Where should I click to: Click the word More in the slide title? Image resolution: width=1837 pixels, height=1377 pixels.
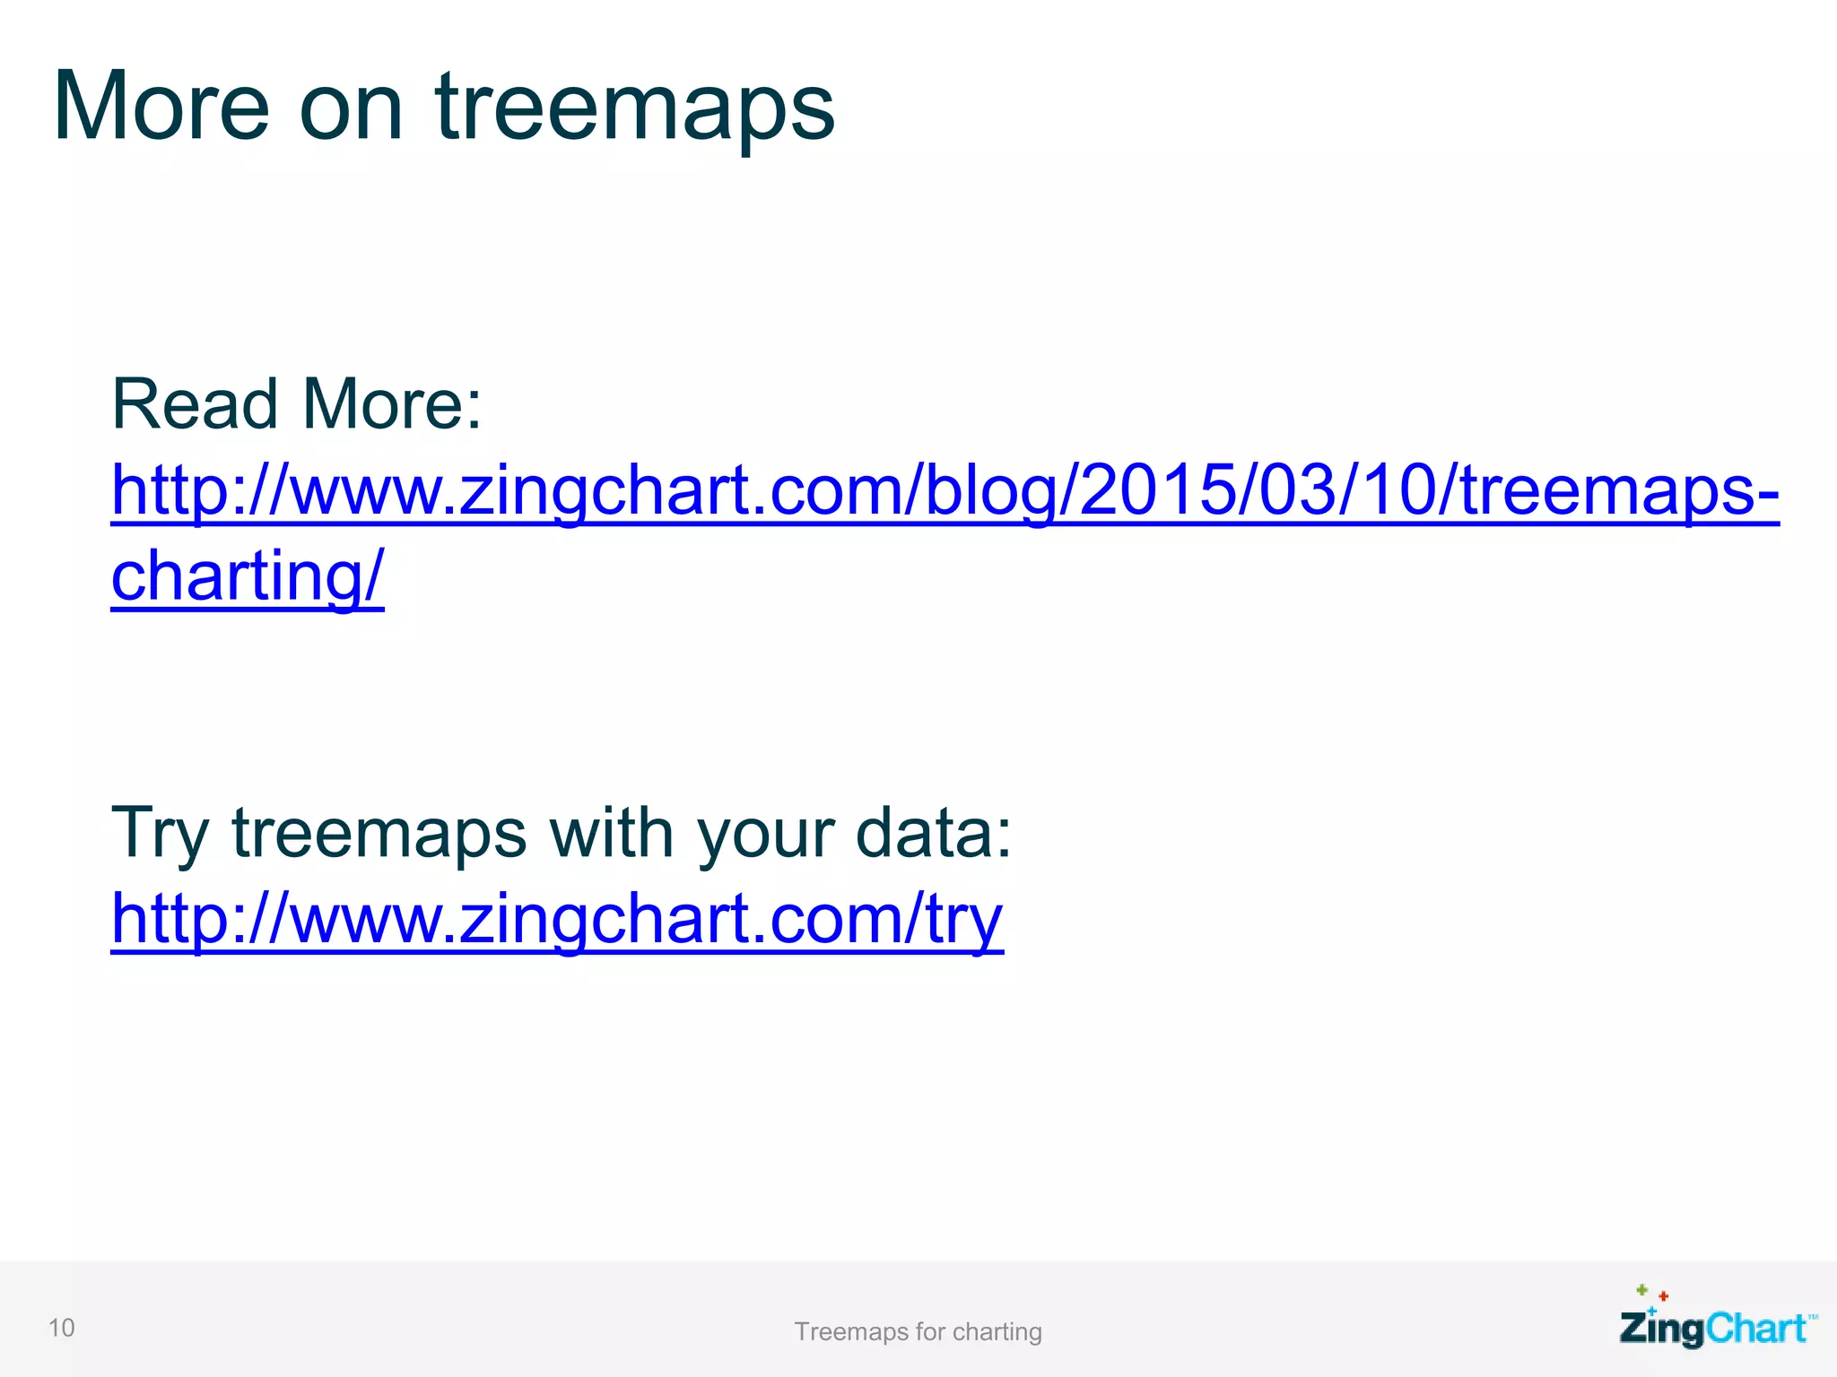tap(161, 108)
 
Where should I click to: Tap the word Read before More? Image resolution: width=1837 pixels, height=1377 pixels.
tap(195, 405)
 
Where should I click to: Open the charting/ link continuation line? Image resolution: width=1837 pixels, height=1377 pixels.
tap(248, 576)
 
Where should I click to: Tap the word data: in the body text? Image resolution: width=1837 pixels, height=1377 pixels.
tap(933, 833)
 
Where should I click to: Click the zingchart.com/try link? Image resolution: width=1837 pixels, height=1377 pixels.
tap(556, 920)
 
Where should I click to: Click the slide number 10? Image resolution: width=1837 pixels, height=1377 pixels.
tap(61, 1328)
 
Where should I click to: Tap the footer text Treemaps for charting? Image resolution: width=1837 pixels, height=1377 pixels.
tap(918, 1332)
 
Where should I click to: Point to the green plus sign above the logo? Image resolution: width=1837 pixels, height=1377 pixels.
tap(1641, 1290)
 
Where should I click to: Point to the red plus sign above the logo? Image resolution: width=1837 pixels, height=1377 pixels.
tap(1663, 1296)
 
